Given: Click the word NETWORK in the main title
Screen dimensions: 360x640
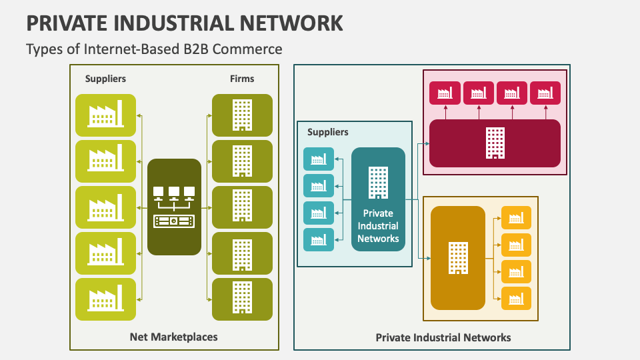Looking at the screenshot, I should point(287,22).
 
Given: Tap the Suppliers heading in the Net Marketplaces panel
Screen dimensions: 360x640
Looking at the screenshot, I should point(105,79).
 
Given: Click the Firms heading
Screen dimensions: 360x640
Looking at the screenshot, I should point(242,79).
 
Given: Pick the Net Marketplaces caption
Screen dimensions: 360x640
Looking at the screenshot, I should point(173,337).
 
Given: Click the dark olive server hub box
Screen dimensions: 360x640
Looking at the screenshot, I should point(174,207).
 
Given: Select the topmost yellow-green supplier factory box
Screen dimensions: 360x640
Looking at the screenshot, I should point(105,115).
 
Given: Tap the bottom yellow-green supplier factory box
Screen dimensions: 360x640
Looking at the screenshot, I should point(105,299).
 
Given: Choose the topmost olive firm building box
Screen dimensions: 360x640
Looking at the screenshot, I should point(242,115).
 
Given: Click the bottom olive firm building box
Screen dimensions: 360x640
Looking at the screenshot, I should point(242,299).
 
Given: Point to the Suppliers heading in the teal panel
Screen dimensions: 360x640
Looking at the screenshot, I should point(327,132).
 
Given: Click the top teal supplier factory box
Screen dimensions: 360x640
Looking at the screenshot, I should point(318,159).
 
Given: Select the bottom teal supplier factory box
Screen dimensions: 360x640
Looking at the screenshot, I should point(318,239).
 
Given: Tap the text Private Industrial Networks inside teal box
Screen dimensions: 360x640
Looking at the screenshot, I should point(378,226).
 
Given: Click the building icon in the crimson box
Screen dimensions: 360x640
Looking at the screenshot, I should point(495,143).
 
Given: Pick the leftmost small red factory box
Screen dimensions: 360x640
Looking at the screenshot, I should point(445,93).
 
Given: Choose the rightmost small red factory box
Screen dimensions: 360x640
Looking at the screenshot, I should point(545,93).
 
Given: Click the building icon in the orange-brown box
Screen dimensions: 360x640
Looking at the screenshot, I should point(457,258).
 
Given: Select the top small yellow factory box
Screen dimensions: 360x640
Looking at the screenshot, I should point(515,217).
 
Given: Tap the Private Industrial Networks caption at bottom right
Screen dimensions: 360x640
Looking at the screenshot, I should point(443,337).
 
